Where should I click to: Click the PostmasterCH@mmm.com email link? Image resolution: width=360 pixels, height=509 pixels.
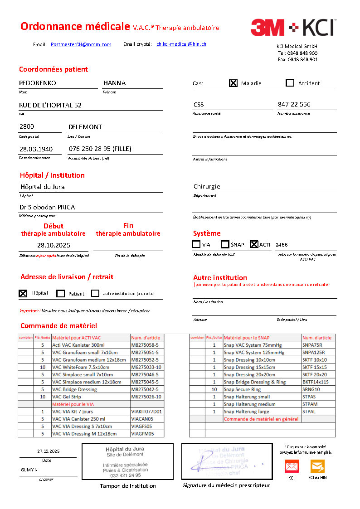pyautogui.click(x=81, y=44)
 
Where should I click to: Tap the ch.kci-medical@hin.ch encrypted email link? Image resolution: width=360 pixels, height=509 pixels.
pyautogui.click(x=181, y=44)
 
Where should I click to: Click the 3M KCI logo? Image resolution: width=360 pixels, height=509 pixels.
pyautogui.click(x=292, y=28)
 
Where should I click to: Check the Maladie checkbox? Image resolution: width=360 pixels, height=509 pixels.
pyautogui.click(x=233, y=83)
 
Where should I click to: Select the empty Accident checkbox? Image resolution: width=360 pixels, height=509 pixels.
pyautogui.click(x=290, y=83)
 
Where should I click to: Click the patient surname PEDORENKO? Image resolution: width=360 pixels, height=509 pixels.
pyautogui.click(x=37, y=83)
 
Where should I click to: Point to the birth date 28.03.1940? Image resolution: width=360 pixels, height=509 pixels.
pyautogui.click(x=36, y=149)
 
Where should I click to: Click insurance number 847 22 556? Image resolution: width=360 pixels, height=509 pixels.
pyautogui.click(x=294, y=104)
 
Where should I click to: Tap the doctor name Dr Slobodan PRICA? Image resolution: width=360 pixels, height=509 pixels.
pyautogui.click(x=47, y=207)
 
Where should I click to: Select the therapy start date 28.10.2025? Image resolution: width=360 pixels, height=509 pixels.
pyautogui.click(x=54, y=245)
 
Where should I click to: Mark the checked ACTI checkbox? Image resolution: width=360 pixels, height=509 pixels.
pyautogui.click(x=254, y=244)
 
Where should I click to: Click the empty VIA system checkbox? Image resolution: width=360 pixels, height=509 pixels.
pyautogui.click(x=196, y=244)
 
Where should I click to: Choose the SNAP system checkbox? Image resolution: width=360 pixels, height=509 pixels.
pyautogui.click(x=225, y=244)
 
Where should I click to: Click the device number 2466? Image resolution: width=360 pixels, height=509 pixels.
pyautogui.click(x=282, y=245)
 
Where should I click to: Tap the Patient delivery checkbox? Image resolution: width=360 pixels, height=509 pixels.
pyautogui.click(x=60, y=293)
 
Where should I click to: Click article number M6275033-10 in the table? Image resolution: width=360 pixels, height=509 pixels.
pyautogui.click(x=146, y=367)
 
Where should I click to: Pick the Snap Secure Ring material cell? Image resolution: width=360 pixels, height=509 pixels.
pyautogui.click(x=243, y=389)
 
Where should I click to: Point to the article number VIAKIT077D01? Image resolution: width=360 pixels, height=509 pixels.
pyautogui.click(x=146, y=412)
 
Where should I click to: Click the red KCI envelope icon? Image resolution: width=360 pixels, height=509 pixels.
pyautogui.click(x=292, y=466)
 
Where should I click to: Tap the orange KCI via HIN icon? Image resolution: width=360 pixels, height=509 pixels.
pyautogui.click(x=317, y=466)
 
